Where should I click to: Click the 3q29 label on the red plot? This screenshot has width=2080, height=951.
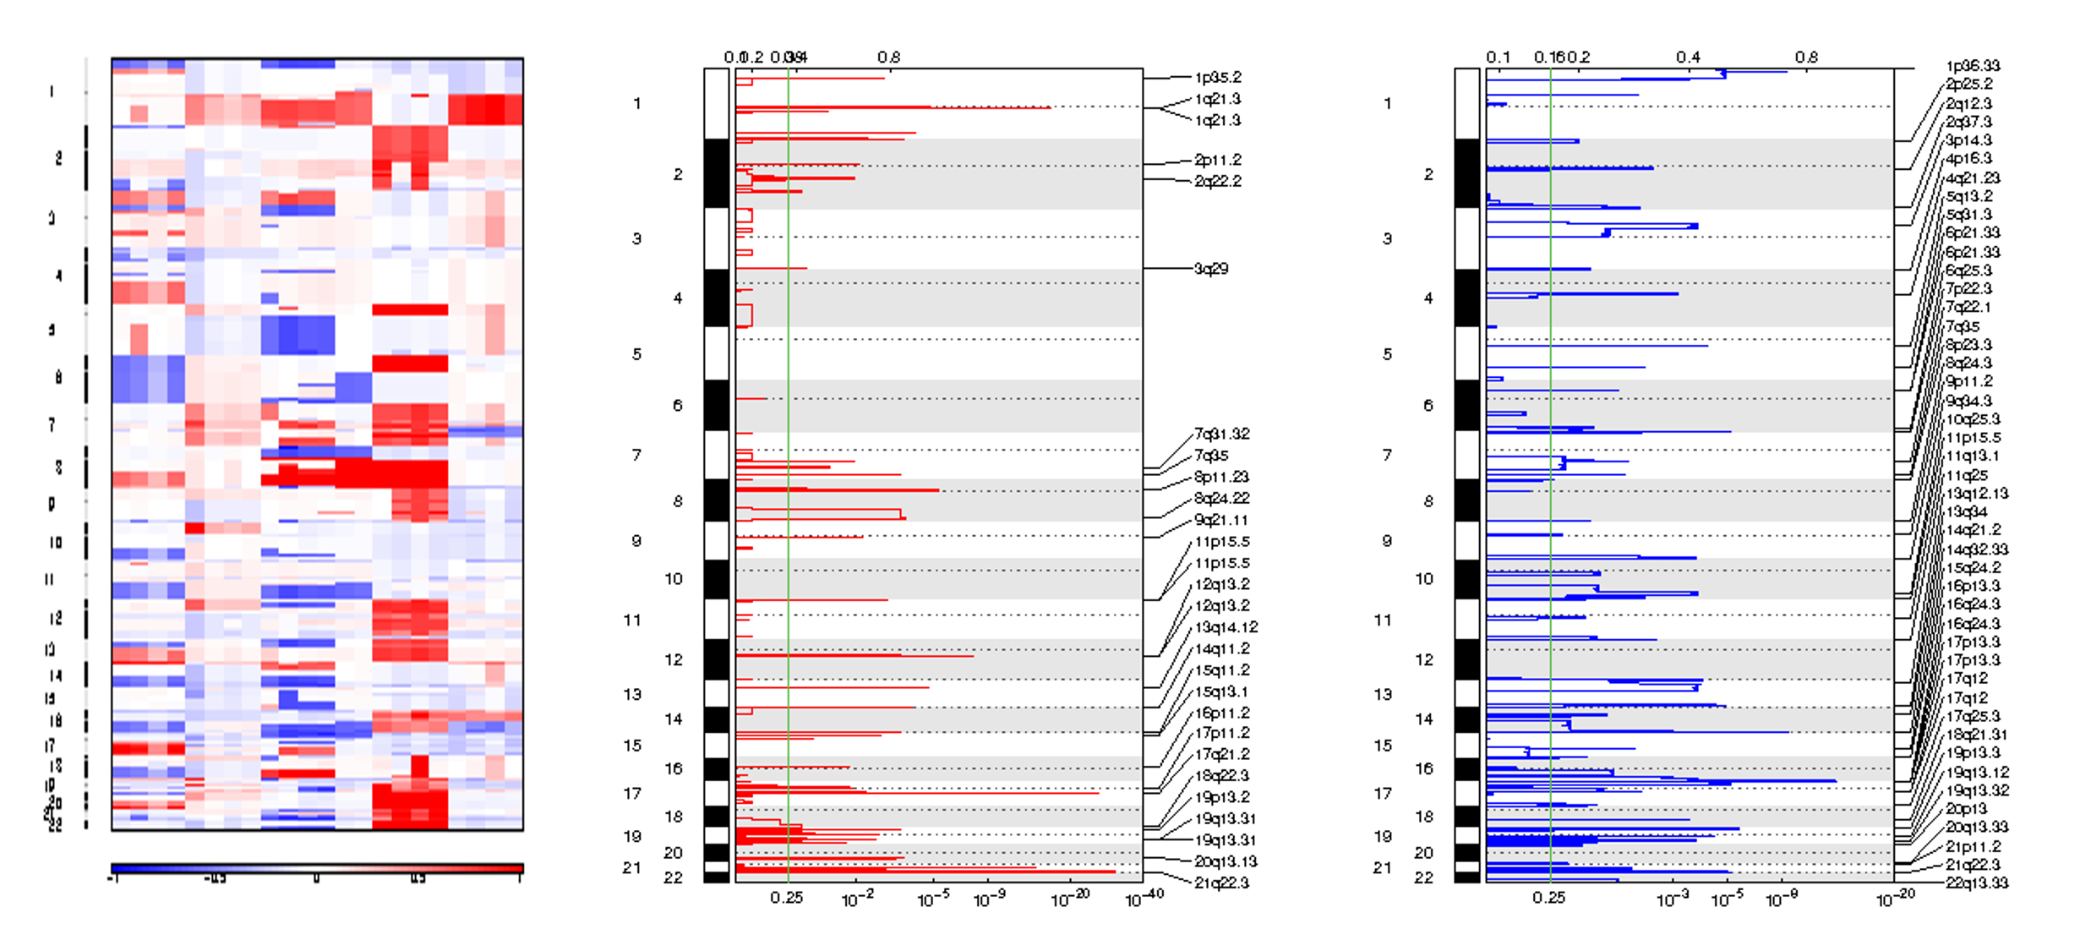1210,269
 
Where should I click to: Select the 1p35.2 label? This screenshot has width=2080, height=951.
1217,78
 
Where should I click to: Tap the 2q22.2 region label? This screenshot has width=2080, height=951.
1217,181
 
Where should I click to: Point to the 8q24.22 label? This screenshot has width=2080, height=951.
1221,499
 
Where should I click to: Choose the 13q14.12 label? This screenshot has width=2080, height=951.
1226,627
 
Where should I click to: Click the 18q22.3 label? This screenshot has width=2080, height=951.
1221,776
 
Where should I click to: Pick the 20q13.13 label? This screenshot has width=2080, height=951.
1226,861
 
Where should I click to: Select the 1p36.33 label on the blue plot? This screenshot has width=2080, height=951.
1973,66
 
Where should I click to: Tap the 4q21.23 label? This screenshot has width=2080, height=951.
1973,178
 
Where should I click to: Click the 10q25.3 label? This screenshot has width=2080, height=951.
1973,419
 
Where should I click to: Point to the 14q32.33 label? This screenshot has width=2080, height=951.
1977,549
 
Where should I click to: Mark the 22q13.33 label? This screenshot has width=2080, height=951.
1977,883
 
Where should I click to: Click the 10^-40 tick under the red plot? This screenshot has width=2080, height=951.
1144,899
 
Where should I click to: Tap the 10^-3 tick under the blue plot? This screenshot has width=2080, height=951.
1672,899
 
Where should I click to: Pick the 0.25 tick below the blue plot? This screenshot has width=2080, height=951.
1548,898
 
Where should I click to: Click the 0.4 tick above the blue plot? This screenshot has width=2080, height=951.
1688,57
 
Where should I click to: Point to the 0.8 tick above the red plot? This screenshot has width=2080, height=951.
888,57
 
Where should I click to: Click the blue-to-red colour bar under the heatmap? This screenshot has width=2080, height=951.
317,868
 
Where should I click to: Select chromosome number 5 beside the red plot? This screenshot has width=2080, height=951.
636,354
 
